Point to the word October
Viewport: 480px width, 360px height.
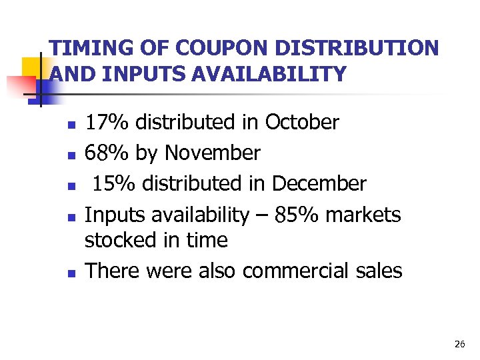(x=302, y=123)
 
